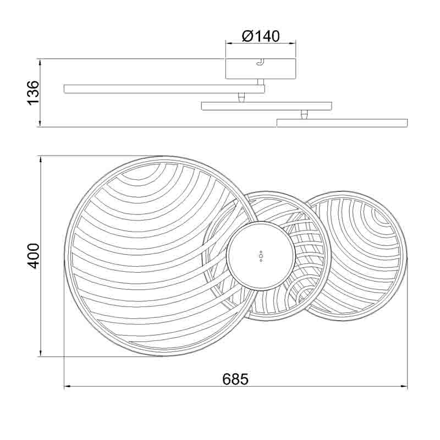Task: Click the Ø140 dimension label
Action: (261, 36)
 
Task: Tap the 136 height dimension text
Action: (33, 93)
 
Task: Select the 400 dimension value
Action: (34, 256)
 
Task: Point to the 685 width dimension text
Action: (235, 380)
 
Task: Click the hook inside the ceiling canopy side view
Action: (261, 62)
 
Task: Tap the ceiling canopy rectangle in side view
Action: (261, 69)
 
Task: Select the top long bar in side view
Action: (164, 89)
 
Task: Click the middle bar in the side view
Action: (267, 106)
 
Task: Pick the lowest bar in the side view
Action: (342, 123)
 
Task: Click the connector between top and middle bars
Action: (241, 98)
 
